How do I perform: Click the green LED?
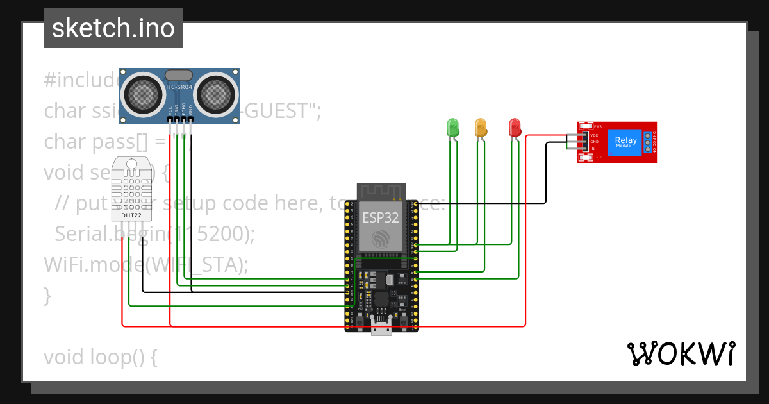[453, 126]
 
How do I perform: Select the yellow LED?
[481, 126]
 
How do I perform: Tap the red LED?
[515, 126]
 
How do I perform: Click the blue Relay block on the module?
[625, 142]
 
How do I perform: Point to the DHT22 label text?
[131, 215]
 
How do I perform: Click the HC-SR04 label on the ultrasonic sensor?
[179, 87]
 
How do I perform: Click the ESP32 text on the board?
[381, 217]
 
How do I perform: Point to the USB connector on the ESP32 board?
[382, 330]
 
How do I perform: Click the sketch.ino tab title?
[113, 28]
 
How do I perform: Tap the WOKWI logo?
[681, 353]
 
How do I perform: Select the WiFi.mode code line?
[145, 264]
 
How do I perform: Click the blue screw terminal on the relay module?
[648, 142]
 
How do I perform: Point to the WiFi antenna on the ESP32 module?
[382, 191]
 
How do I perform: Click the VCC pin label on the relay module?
[594, 135]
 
